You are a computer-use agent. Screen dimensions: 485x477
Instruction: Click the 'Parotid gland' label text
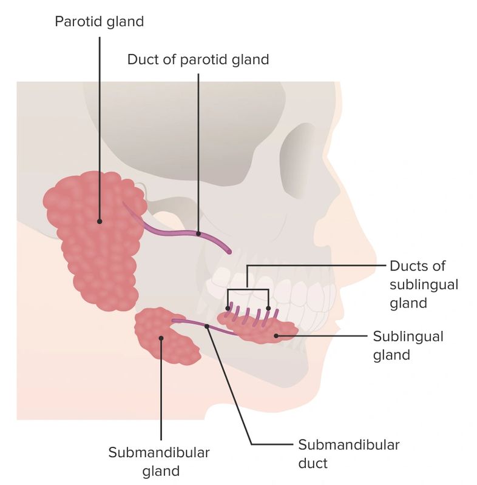click(100, 22)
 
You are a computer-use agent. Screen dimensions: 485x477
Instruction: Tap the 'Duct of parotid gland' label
click(198, 59)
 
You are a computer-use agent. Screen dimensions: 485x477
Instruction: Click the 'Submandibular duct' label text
click(348, 453)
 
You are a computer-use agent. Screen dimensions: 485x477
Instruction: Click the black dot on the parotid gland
click(100, 221)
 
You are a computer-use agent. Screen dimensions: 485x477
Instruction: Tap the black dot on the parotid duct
click(198, 233)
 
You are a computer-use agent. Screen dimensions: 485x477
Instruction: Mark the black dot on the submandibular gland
click(161, 338)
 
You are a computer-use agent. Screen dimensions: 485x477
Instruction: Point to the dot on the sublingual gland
click(276, 335)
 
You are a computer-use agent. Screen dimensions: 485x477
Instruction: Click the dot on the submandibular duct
click(207, 326)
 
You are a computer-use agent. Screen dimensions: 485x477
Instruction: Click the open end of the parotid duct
click(228, 250)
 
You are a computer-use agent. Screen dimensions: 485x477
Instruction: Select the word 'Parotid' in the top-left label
click(76, 22)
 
